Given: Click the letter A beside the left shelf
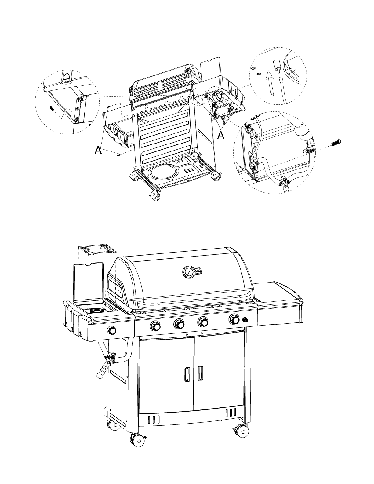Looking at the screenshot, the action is tap(98, 150).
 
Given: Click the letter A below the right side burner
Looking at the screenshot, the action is tap(221, 135).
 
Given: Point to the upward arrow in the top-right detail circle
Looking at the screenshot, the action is tap(270, 83).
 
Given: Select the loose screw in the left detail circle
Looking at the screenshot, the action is tap(51, 108).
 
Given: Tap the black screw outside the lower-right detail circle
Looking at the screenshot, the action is tap(336, 143).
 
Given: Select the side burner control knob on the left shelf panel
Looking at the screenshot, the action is tap(112, 330).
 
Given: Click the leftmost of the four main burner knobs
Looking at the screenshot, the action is tap(155, 326).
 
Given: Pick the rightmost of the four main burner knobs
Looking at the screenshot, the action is tap(234, 319).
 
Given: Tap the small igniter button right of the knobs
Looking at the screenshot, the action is tap(245, 320).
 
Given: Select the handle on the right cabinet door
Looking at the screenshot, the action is tap(200, 373).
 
